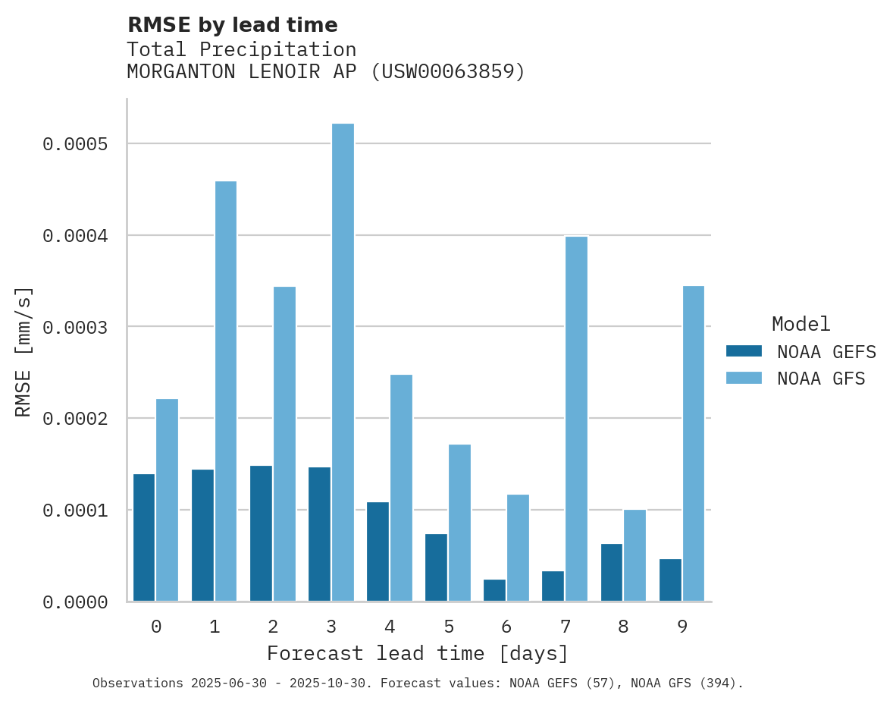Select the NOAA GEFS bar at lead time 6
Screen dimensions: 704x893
pyautogui.click(x=494, y=590)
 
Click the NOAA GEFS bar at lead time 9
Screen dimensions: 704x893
pyautogui.click(x=670, y=580)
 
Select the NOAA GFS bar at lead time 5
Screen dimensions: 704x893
pyautogui.click(x=459, y=523)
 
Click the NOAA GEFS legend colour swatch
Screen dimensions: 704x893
pyautogui.click(x=744, y=351)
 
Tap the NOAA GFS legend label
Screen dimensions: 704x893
pyautogui.click(x=821, y=379)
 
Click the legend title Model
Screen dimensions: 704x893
pyautogui.click(x=801, y=324)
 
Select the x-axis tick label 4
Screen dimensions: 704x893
pyautogui.click(x=390, y=627)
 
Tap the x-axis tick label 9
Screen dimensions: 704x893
pyautogui.click(x=681, y=627)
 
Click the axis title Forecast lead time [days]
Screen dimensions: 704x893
pyautogui.click(x=418, y=653)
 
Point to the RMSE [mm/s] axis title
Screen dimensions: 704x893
pyautogui.click(x=23, y=351)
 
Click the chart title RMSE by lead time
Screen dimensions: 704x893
pyautogui.click(x=232, y=25)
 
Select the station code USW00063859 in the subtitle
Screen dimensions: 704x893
pyautogui.click(x=446, y=72)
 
